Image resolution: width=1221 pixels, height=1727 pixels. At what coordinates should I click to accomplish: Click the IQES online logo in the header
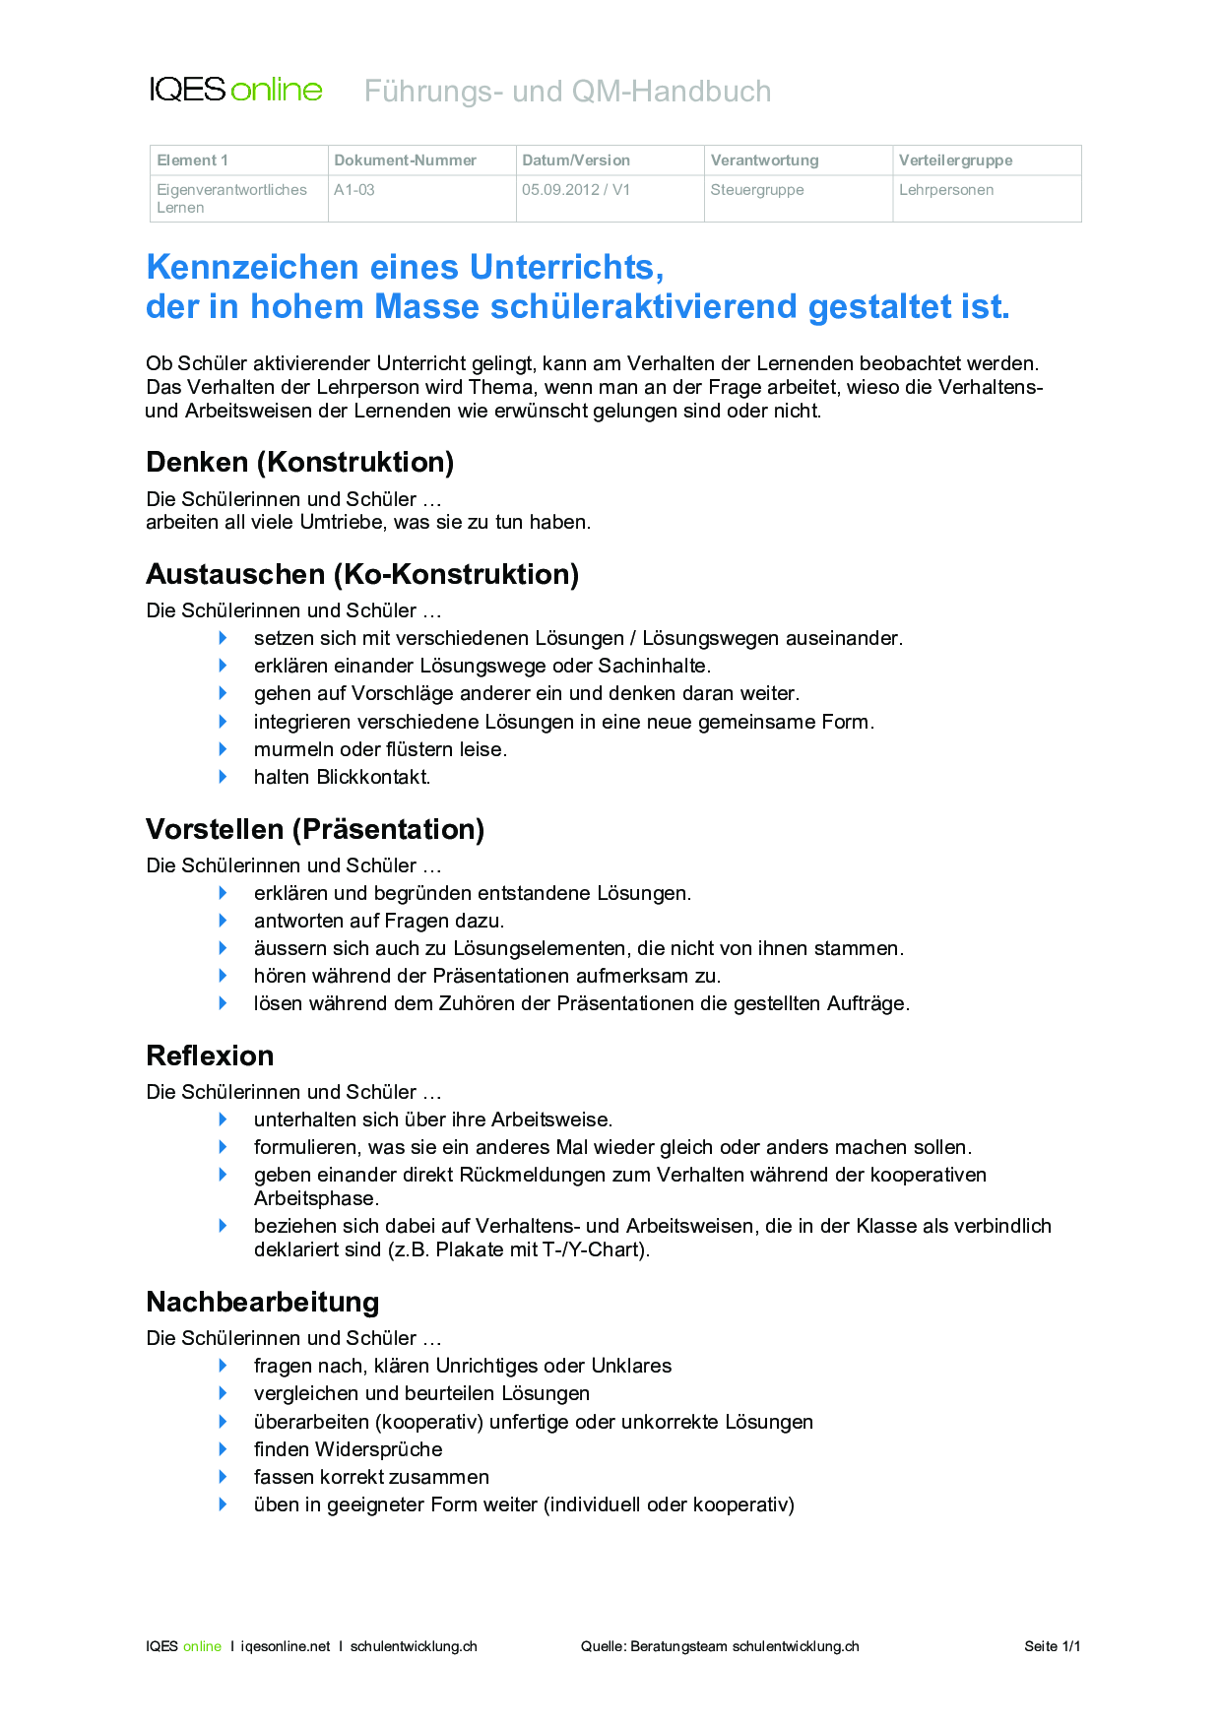[x=235, y=90]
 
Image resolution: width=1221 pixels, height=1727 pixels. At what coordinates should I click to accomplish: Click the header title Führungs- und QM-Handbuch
[x=567, y=92]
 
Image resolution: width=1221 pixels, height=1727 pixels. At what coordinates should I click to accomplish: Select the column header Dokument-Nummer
[x=405, y=160]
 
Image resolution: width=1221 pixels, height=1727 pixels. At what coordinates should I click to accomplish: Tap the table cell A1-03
[x=354, y=190]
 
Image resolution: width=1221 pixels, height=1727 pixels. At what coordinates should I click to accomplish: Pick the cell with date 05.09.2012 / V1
[x=576, y=190]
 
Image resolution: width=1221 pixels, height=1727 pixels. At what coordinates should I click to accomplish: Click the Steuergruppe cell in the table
[x=757, y=190]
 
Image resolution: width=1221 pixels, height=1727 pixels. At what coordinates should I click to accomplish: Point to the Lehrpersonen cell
[x=946, y=190]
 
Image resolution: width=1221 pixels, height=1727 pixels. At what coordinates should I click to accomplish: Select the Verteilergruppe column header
[x=955, y=160]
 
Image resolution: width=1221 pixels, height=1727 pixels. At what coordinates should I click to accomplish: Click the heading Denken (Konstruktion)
[x=299, y=462]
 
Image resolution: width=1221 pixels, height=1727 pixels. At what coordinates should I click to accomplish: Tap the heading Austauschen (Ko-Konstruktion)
[x=362, y=574]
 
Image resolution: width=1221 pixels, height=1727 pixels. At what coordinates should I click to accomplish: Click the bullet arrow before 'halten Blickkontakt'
[x=224, y=777]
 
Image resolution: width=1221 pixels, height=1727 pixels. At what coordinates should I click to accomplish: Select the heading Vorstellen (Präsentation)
[x=315, y=829]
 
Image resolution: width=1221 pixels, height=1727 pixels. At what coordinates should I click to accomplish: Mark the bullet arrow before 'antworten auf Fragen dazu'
[x=224, y=921]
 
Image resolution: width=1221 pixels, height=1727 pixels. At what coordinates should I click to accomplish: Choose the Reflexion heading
[x=210, y=1055]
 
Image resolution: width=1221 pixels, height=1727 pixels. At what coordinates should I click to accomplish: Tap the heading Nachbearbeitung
[x=262, y=1302]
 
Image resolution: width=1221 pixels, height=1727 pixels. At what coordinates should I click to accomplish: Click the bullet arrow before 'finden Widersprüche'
[x=224, y=1449]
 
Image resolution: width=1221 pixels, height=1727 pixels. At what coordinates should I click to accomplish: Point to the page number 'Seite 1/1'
[x=1052, y=1646]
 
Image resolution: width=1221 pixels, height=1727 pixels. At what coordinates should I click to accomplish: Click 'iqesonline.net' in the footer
[x=286, y=1646]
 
